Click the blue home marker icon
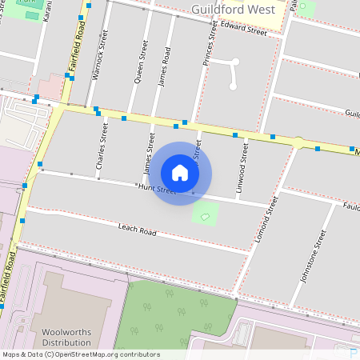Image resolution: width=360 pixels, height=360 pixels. pyautogui.click(x=180, y=173)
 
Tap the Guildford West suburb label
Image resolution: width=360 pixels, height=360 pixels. pyautogui.click(x=234, y=10)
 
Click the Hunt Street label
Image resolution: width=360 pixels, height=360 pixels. pyautogui.click(x=156, y=190)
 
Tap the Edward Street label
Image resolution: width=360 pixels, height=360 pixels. pyautogui.click(x=244, y=29)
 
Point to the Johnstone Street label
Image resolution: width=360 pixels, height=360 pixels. pyautogui.click(x=313, y=258)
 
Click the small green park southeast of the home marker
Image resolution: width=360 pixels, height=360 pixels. pyautogui.click(x=206, y=214)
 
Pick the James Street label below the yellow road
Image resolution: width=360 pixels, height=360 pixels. pyautogui.click(x=148, y=153)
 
